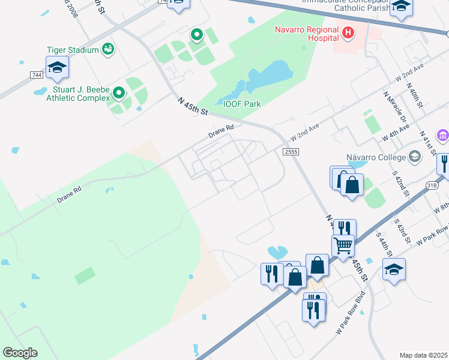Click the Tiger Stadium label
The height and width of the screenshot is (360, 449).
tap(73, 50)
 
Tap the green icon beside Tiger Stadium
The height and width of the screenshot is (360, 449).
tap(108, 49)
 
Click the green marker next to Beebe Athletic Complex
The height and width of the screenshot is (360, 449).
tap(119, 92)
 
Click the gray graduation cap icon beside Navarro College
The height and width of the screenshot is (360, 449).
tap(414, 157)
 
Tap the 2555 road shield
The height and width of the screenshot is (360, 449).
tap(291, 152)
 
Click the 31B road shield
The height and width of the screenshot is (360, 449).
tap(432, 185)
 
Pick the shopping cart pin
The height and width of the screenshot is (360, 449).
tap(343, 245)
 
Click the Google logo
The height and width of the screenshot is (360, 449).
tap(20, 353)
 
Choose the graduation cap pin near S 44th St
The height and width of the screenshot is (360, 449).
tap(394, 270)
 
